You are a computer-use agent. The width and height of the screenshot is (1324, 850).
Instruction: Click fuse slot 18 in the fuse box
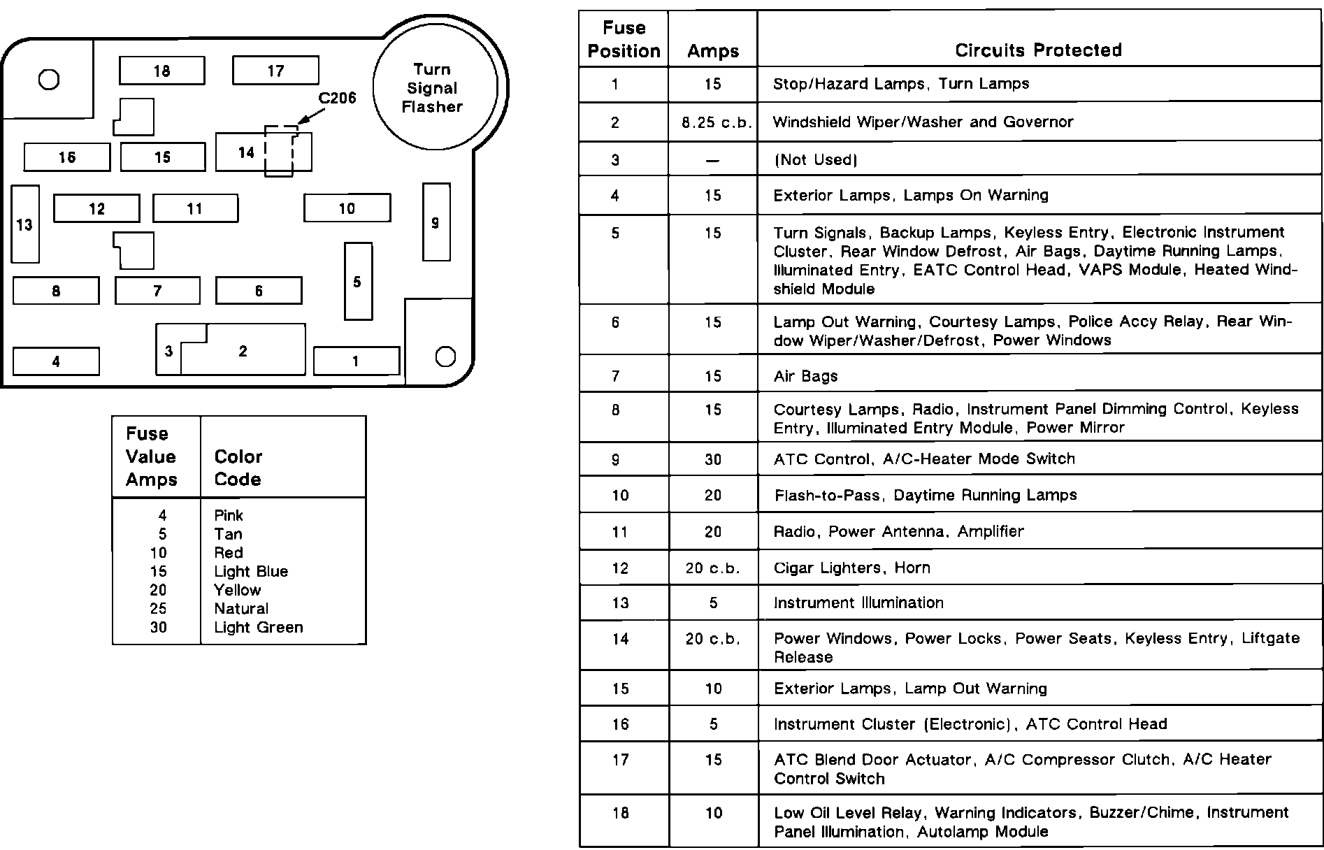pos(161,71)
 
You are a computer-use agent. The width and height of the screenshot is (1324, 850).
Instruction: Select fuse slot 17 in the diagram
pos(275,71)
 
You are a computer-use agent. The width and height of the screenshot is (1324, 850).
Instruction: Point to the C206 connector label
pos(337,99)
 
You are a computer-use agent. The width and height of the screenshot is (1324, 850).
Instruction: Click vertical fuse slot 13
pos(25,224)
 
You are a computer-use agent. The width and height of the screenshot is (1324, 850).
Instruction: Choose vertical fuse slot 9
pos(436,222)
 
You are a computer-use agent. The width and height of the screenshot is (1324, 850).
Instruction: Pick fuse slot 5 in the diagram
pos(358,281)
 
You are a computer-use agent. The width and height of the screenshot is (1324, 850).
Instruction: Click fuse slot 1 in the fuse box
pos(356,361)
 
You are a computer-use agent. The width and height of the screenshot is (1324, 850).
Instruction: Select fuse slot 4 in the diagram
pos(56,361)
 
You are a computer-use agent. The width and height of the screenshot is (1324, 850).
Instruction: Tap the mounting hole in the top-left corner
pos(49,80)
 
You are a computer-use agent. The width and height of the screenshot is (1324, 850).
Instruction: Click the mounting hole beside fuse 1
pos(445,356)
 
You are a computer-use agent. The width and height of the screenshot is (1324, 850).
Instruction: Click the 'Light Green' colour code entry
pos(259,627)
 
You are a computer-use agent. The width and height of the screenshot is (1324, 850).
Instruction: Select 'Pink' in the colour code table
pos(229,515)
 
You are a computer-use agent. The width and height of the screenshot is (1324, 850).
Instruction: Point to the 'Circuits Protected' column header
pos(1038,50)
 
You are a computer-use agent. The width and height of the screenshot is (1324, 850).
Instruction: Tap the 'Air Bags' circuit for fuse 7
pos(805,376)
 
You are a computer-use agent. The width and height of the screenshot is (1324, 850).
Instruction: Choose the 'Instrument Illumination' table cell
pos(858,603)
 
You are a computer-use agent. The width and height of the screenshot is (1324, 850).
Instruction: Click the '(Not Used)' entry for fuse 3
pos(815,159)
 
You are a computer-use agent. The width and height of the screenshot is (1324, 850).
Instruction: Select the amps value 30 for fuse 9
pos(713,459)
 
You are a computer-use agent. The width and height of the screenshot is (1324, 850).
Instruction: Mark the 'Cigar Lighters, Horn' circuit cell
pos(851,568)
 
